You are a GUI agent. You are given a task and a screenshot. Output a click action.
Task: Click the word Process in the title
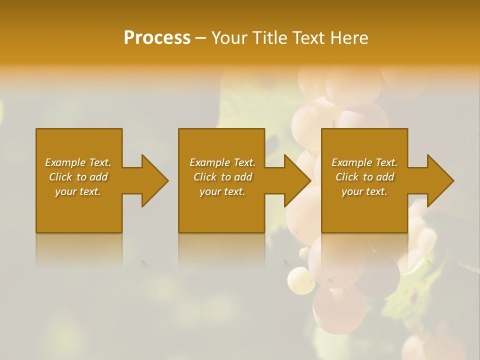point(157,38)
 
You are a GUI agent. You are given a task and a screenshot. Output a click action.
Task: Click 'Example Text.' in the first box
point(78,162)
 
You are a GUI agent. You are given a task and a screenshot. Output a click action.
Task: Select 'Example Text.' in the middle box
point(222,162)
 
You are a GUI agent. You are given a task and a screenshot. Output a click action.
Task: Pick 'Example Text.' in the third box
point(364,162)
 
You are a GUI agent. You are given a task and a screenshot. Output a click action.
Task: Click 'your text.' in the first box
point(78,191)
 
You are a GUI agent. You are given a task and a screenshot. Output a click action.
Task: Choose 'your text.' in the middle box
point(222,191)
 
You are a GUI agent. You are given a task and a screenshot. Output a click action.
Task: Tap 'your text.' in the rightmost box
point(364,191)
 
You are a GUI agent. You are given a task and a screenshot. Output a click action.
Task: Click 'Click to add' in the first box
point(78,177)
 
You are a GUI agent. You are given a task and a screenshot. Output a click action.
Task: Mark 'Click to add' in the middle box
point(222,177)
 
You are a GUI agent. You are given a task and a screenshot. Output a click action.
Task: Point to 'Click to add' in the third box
point(364,177)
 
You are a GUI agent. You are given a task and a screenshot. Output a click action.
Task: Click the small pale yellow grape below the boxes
point(301,279)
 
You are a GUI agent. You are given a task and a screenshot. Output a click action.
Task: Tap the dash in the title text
point(201,38)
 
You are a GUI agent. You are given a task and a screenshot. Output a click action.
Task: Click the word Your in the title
point(229,38)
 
